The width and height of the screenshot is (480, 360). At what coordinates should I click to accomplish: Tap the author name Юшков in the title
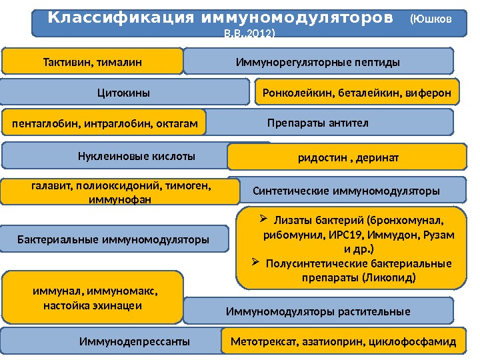coord(434,19)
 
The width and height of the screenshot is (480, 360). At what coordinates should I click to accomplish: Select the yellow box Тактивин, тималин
coord(93,62)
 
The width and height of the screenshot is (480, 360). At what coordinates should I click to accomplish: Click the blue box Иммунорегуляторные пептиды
coord(318,62)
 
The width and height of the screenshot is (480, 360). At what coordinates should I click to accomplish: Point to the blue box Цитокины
coord(123,93)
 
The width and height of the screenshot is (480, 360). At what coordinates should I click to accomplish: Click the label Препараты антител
coord(318,123)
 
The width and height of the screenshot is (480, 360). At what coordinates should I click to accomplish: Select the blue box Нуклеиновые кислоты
coord(136,157)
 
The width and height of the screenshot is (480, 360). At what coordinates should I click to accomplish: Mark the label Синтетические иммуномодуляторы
coord(347,191)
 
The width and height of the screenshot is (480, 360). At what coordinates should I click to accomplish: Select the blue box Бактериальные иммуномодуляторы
coord(113,238)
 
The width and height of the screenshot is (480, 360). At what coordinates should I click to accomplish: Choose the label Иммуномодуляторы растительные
coord(318,311)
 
